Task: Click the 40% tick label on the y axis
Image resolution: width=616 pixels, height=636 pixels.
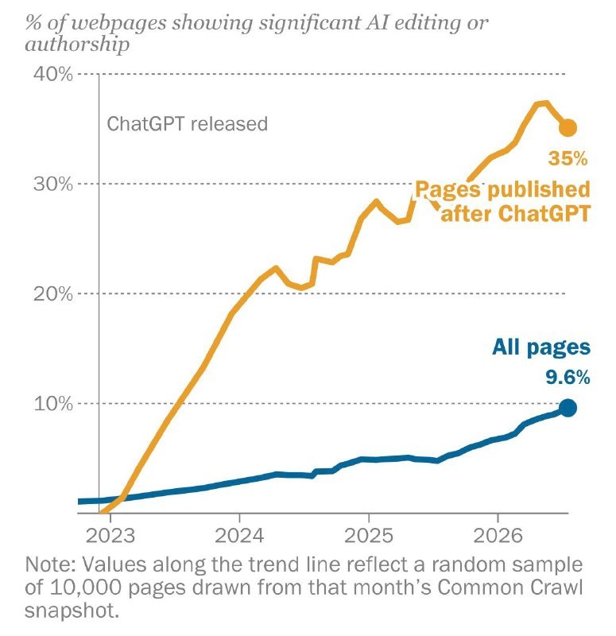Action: pos(53,74)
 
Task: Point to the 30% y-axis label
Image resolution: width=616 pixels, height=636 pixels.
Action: pos(53,184)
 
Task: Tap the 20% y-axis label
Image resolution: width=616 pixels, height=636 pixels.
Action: pos(53,293)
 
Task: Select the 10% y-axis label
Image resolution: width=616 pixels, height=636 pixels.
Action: pos(53,404)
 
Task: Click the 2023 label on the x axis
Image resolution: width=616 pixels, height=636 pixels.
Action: pos(110,536)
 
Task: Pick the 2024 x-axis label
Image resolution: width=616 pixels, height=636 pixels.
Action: pos(239,536)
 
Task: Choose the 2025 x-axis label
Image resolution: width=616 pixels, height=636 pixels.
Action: pos(369,536)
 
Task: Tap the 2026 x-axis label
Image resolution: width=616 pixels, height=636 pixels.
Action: pos(498,536)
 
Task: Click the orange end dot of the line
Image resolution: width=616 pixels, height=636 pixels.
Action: pos(568,128)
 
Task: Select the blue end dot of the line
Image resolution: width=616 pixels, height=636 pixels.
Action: pos(568,408)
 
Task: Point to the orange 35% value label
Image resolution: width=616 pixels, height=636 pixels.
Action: pos(568,158)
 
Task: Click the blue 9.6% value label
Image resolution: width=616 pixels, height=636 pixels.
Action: pos(568,378)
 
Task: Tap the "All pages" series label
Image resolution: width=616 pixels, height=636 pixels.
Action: pos(541,348)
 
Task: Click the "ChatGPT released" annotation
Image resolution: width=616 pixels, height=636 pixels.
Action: pos(188,124)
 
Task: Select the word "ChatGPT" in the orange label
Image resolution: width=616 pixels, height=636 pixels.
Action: pos(544,213)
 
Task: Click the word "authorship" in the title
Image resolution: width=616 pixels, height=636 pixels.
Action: pos(77,44)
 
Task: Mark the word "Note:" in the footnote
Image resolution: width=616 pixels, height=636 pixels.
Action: pos(50,564)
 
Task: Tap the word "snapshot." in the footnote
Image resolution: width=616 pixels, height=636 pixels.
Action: pos(72,611)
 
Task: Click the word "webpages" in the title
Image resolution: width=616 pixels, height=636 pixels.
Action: pos(118,23)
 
